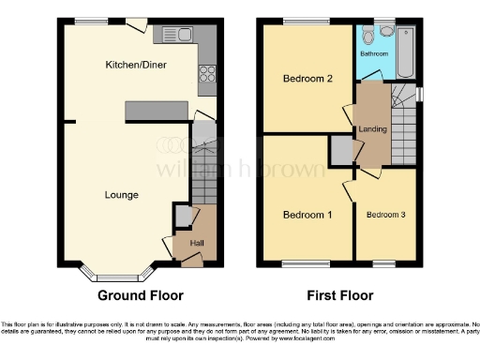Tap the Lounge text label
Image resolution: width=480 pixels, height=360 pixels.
click(122, 195)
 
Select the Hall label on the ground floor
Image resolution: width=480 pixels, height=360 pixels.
click(197, 244)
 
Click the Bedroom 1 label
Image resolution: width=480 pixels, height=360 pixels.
click(307, 215)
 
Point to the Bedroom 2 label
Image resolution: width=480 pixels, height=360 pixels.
click(308, 79)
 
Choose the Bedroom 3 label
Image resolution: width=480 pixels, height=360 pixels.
click(385, 215)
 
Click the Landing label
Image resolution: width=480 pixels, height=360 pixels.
click(372, 128)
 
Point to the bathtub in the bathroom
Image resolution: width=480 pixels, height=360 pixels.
click(406, 52)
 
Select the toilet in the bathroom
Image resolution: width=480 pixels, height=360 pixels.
click(379, 32)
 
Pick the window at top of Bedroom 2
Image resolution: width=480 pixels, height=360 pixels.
click(300, 21)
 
